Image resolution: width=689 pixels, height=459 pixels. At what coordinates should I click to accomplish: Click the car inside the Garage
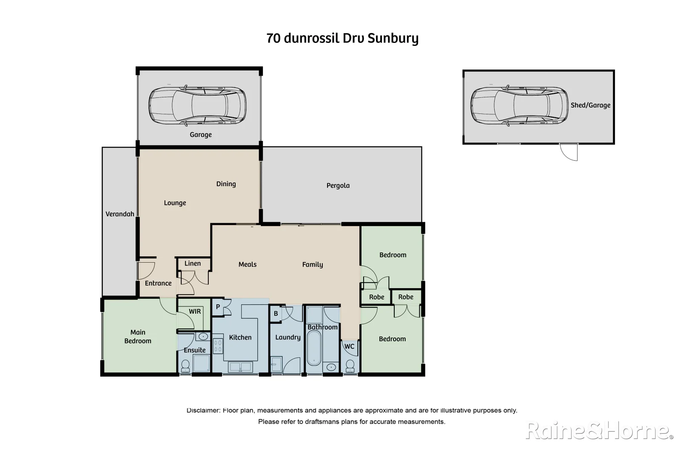point(197,106)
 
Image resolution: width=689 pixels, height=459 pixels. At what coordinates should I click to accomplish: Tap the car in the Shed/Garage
point(519,106)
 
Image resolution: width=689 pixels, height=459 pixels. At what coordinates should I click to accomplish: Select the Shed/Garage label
point(590,105)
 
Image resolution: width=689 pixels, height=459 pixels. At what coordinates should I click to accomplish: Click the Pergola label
point(338,185)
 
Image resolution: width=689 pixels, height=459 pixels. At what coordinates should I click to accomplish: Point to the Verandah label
point(120,214)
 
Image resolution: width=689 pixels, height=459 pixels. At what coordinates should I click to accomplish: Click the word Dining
point(226,184)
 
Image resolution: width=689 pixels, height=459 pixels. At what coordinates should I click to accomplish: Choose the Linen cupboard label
point(193,263)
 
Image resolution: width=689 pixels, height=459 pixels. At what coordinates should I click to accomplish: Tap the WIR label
point(195,312)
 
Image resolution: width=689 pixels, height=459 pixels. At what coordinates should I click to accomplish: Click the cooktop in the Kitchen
point(218,346)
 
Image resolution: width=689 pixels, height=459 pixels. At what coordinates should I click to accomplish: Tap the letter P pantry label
point(218,307)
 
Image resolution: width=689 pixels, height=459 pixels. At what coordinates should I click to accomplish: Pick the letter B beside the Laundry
point(276,314)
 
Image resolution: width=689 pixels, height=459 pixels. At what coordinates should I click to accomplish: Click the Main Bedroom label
point(138,337)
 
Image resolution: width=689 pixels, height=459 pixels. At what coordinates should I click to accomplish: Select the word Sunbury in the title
point(393,38)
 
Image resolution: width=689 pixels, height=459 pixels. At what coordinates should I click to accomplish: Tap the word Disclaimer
point(203,411)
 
